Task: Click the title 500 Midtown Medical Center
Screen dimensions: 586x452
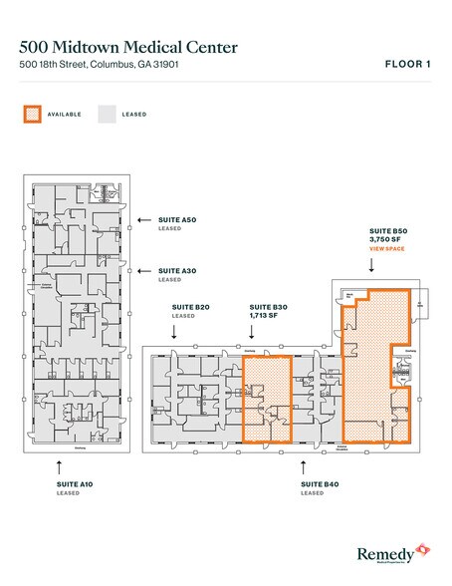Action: (133, 46)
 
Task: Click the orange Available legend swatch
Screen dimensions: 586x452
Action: (32, 115)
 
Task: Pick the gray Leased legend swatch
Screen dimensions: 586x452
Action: (107, 115)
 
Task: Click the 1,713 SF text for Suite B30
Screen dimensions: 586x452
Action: (264, 316)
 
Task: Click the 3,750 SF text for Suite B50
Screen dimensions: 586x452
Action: (385, 239)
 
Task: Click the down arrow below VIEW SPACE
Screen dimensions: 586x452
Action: (373, 266)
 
